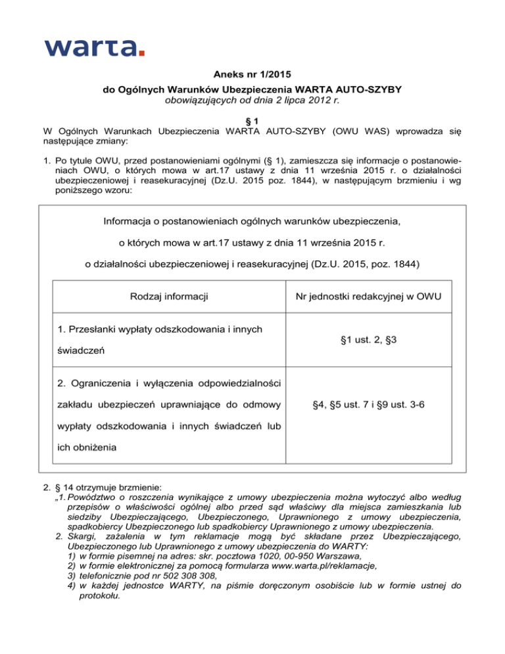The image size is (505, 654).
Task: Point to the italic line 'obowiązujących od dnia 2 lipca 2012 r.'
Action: click(x=252, y=101)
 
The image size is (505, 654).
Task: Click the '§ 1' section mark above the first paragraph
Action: click(x=252, y=120)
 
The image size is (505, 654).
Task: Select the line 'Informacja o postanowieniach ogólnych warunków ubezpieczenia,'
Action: click(x=252, y=220)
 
